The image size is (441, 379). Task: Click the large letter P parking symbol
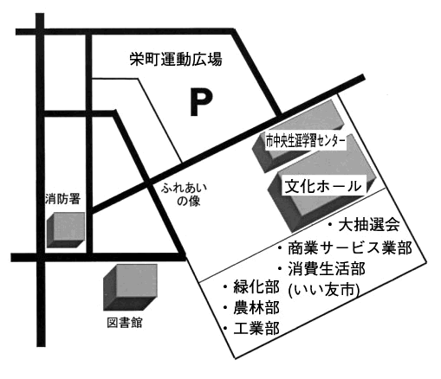pyautogui.click(x=201, y=102)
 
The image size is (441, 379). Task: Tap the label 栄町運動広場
pyautogui.click(x=176, y=59)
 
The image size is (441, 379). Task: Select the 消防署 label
pyautogui.click(x=62, y=199)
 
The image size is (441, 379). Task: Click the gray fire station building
pyautogui.click(x=66, y=230)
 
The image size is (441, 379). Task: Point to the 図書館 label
pyautogui.click(x=125, y=323)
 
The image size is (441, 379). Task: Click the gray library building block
pyautogui.click(x=130, y=287)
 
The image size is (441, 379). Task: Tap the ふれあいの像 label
pyautogui.click(x=185, y=195)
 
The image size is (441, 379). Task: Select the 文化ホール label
pyautogui.click(x=323, y=186)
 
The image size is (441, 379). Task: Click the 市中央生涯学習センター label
pyautogui.click(x=306, y=141)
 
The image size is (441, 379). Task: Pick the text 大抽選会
pyautogui.click(x=369, y=224)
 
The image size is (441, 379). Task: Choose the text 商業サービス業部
pyautogui.click(x=350, y=247)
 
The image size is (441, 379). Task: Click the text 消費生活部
pyautogui.click(x=327, y=269)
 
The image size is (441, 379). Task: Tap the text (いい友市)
pyautogui.click(x=323, y=290)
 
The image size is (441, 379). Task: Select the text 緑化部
pyautogui.click(x=256, y=287)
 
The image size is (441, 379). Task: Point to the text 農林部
pyautogui.click(x=256, y=308)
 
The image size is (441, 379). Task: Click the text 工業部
pyautogui.click(x=256, y=329)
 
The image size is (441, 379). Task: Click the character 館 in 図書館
pyautogui.click(x=136, y=323)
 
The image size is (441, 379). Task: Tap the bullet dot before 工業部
pyautogui.click(x=225, y=329)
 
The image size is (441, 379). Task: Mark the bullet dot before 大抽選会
pyautogui.click(x=330, y=224)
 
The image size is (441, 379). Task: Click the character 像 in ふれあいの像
pyautogui.click(x=195, y=201)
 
